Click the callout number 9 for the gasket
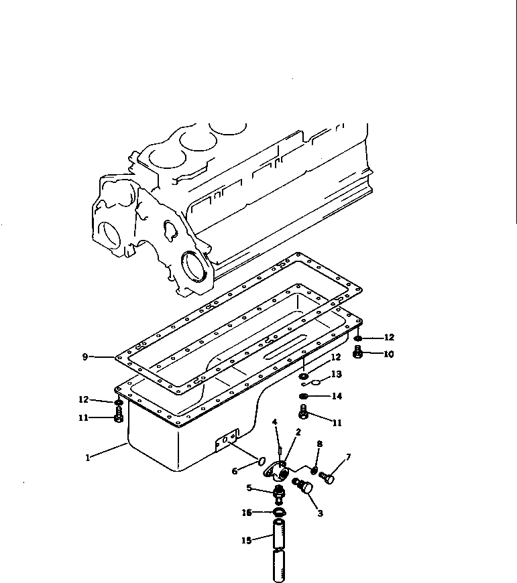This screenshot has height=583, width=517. click(x=85, y=357)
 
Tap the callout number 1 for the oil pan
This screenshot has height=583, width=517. click(x=87, y=458)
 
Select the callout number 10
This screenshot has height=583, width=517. click(x=388, y=354)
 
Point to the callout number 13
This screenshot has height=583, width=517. click(x=336, y=374)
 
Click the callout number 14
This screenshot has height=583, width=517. click(x=337, y=397)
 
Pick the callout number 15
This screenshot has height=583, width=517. click(x=246, y=539)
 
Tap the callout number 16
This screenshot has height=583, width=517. click(x=247, y=513)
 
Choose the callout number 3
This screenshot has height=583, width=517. click(x=320, y=514)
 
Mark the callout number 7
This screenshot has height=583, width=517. click(x=348, y=458)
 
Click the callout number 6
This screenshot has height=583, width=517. click(x=235, y=471)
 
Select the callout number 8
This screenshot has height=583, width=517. click(x=319, y=444)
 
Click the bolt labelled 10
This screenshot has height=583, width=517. click(x=358, y=352)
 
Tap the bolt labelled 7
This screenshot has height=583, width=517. click(x=328, y=478)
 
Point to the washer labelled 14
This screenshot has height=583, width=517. click(x=304, y=397)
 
